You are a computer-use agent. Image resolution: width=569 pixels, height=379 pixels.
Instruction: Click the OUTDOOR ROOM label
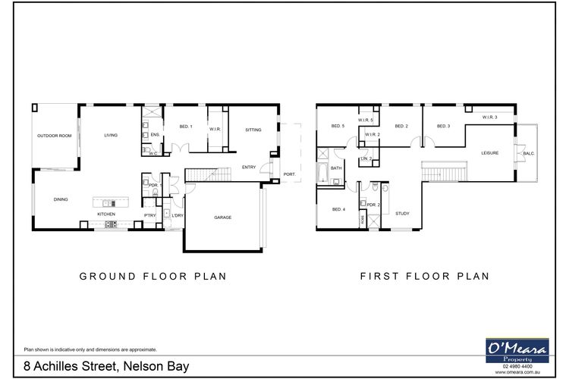(x=54, y=136)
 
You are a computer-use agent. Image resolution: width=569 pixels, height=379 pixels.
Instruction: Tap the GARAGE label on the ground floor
(x=222, y=218)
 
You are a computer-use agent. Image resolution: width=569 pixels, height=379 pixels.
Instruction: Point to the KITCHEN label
(x=106, y=214)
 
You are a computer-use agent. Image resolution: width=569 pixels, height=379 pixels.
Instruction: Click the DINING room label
(x=61, y=199)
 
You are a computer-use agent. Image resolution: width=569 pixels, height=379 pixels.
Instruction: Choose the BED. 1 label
(x=185, y=126)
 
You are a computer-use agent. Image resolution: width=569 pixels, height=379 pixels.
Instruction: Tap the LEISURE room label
(x=489, y=153)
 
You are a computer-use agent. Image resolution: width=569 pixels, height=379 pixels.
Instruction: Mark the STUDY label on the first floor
(x=402, y=213)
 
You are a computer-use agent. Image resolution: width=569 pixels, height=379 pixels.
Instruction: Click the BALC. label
(x=527, y=154)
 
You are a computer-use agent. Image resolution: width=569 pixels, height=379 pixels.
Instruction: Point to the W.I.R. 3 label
(x=489, y=117)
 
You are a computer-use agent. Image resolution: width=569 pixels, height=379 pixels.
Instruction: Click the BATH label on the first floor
(x=336, y=168)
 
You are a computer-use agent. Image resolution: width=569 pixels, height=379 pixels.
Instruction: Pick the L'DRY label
(x=178, y=216)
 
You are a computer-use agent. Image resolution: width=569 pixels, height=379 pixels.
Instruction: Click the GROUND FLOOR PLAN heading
(x=153, y=277)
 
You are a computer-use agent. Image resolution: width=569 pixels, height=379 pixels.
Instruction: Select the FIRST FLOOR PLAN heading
(x=423, y=277)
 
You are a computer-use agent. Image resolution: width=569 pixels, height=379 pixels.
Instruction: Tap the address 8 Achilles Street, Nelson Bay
(x=105, y=366)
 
